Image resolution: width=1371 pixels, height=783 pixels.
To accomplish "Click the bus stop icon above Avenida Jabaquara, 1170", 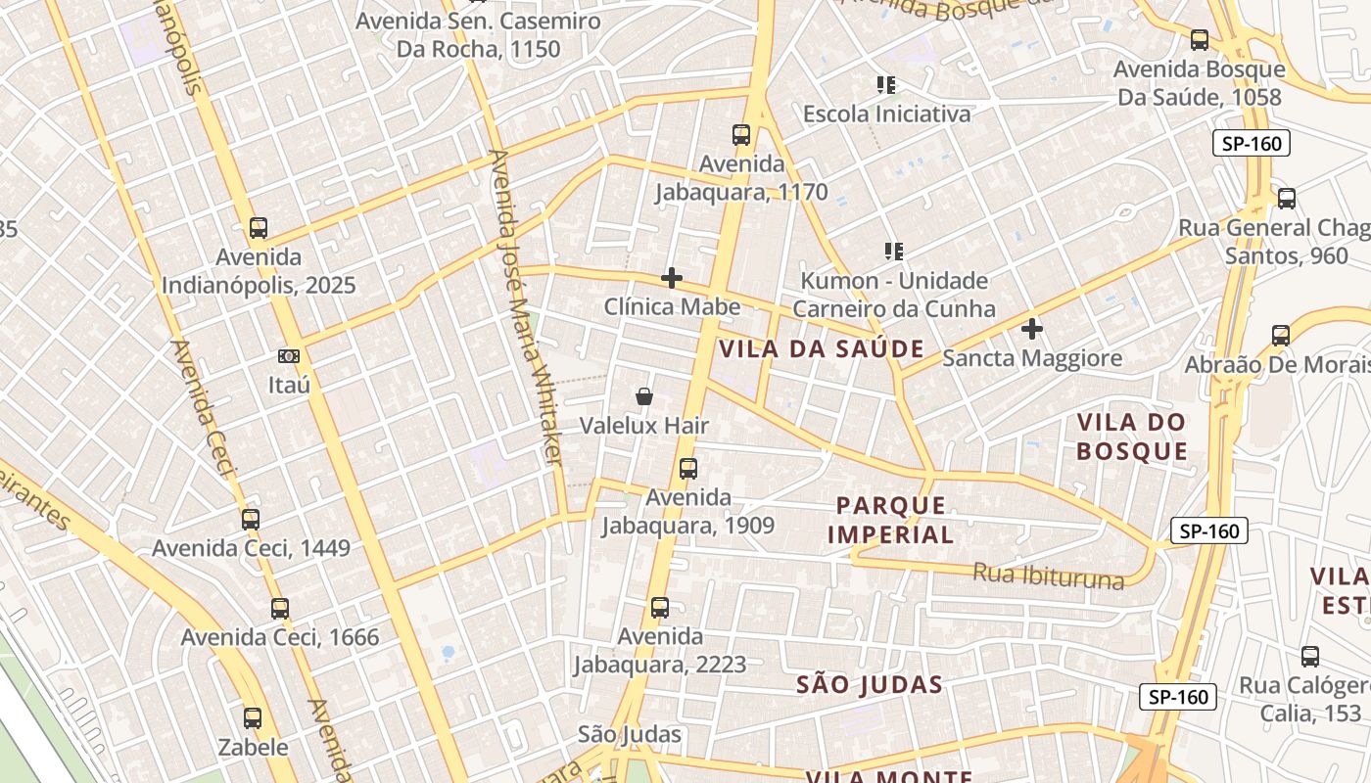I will [x=741, y=135].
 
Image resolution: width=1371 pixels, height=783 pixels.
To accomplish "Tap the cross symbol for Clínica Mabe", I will [x=672, y=278].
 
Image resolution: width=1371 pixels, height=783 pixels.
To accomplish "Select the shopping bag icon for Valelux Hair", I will [x=644, y=396].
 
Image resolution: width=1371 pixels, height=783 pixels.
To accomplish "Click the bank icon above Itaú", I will [x=289, y=356].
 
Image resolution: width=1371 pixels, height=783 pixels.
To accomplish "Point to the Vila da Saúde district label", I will [x=823, y=348].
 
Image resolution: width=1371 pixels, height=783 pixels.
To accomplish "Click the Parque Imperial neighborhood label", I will [x=891, y=520].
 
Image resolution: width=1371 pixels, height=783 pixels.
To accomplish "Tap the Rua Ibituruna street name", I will [x=1048, y=576].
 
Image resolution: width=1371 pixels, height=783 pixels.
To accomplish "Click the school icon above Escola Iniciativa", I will [x=887, y=85].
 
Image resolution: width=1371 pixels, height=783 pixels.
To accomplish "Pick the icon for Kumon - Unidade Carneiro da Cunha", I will [x=893, y=252].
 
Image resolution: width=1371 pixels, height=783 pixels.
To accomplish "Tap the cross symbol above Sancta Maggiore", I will [x=1032, y=329].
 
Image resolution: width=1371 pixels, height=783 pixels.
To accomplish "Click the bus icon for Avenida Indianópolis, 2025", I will [x=258, y=228].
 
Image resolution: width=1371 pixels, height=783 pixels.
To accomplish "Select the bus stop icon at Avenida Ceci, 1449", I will [x=251, y=519].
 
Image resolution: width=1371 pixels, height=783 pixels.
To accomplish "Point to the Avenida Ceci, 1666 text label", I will [x=279, y=637].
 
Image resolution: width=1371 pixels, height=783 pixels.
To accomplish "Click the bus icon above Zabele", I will [x=253, y=718].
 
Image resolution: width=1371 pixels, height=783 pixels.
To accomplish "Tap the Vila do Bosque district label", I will [x=1131, y=437].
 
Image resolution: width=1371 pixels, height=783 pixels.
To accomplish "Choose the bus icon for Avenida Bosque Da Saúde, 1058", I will [x=1200, y=40].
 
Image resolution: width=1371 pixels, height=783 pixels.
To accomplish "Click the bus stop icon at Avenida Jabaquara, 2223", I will [x=660, y=608].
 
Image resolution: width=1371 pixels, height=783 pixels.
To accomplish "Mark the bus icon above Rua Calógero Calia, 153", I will [x=1310, y=657].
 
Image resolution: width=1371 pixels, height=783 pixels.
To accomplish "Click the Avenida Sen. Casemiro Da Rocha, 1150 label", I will [x=478, y=34].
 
